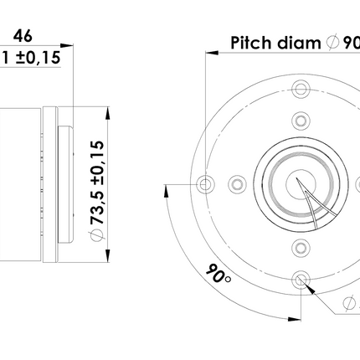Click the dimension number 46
coord(23,36)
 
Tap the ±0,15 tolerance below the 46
coord(38,58)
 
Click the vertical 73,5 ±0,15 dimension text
coord(97,183)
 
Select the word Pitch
coord(250,43)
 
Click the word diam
coord(299,43)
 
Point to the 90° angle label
coord(219,273)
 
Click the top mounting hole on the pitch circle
coord(301,89)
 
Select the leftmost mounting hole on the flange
coord(205,184)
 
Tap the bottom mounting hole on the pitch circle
coord(301,280)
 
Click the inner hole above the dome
coord(301,121)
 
